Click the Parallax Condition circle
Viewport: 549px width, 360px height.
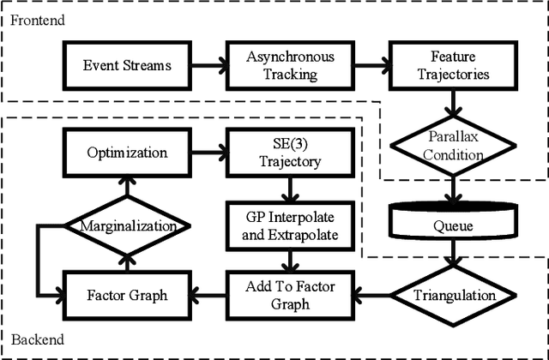(451, 147)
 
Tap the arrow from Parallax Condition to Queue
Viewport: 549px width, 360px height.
(451, 187)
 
